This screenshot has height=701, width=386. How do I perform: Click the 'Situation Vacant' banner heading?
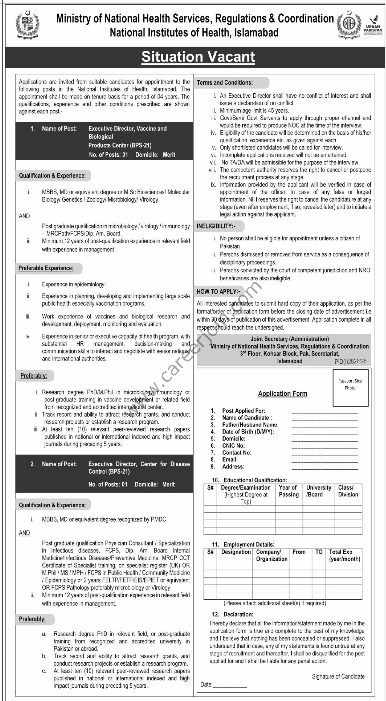[x=198, y=57]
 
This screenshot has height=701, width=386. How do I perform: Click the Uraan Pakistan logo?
[x=373, y=25]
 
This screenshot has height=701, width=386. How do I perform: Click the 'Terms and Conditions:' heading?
[x=225, y=83]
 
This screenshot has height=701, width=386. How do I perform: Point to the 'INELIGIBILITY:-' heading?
[x=216, y=226]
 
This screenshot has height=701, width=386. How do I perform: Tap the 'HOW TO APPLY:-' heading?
[x=218, y=292]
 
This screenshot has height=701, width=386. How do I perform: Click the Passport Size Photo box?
[x=350, y=387]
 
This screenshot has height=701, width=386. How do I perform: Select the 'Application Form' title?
[x=283, y=393]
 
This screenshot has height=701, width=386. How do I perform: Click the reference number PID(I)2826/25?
[x=350, y=361]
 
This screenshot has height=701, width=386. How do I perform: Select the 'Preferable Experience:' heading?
[x=46, y=268]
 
